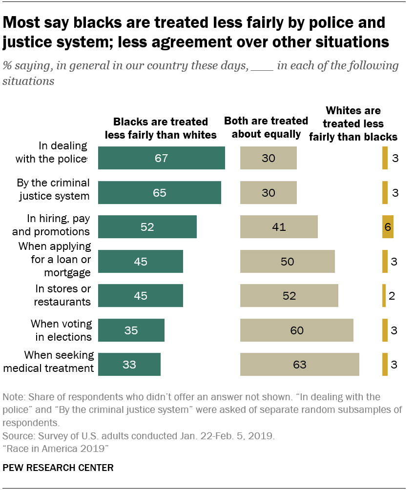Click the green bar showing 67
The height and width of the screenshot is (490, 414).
pos(161,158)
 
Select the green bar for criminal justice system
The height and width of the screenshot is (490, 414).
pos(159,192)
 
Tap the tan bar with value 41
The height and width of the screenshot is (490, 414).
pos(279,227)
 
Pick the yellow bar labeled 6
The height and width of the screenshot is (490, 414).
pos(388,227)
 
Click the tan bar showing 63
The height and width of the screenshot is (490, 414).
pos(299,365)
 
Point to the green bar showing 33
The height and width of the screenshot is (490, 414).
pos(129,365)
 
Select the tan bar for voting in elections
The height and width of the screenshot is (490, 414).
pos(296,330)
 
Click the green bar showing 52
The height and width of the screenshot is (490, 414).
pos(147,227)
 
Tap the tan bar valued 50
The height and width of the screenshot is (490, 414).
pos(287,261)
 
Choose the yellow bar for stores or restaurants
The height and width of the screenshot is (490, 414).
pos(384,296)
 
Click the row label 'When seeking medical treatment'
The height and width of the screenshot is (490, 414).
pos(48,361)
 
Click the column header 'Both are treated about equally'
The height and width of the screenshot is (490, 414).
pos(266,127)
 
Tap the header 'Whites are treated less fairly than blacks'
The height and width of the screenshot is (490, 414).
pos(353,124)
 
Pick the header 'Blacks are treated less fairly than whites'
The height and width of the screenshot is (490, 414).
pos(161,128)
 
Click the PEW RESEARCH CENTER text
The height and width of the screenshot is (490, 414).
pos(58,468)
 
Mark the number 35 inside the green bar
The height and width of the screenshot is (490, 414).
pos(131,330)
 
